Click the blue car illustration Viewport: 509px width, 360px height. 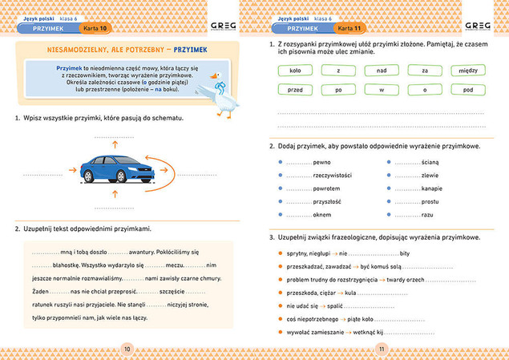point(113,168)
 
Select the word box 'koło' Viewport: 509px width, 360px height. point(293,71)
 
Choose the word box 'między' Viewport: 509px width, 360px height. point(469,71)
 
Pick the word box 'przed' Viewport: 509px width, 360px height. point(293,90)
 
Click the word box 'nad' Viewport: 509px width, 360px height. point(382,71)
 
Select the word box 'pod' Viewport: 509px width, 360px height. point(469,90)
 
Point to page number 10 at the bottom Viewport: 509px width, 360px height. point(127,348)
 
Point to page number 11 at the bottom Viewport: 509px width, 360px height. point(382,348)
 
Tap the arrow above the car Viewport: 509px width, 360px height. point(113,144)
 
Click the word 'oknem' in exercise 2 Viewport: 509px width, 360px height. point(322,216)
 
